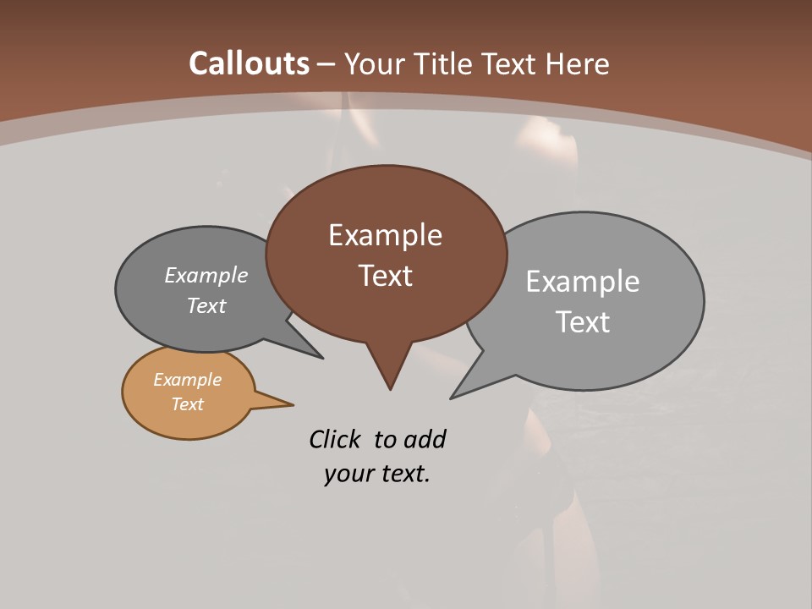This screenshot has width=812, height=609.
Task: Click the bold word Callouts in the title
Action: click(249, 63)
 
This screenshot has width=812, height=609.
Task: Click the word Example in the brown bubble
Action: click(385, 235)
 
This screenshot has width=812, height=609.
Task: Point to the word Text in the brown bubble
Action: click(386, 276)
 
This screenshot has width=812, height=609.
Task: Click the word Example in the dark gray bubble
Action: click(206, 275)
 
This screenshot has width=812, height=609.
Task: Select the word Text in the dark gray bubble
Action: click(206, 305)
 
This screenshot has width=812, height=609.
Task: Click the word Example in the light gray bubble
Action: click(583, 282)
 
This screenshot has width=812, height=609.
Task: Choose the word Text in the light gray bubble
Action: click(584, 321)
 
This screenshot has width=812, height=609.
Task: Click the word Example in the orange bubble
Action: click(187, 380)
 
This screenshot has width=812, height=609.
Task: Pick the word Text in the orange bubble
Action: click(187, 404)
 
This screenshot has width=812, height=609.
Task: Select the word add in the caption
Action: click(425, 439)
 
